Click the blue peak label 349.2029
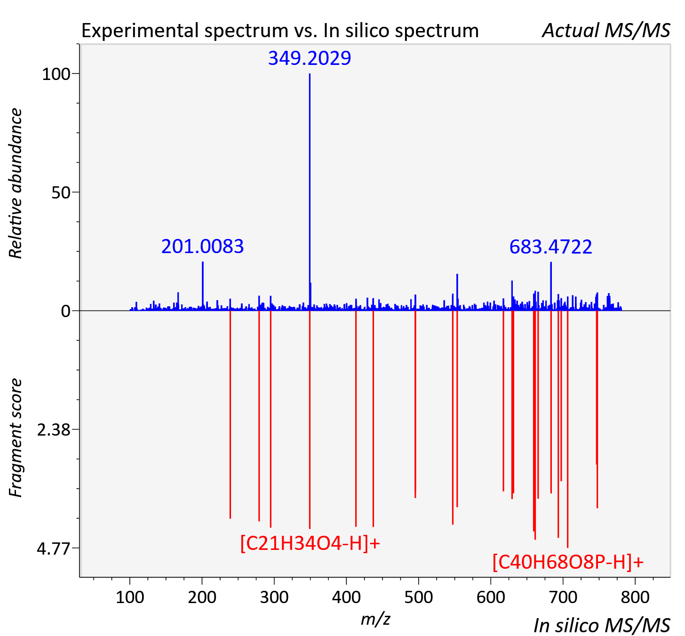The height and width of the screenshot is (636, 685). click(310, 58)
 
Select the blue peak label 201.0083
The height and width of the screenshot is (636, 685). click(202, 246)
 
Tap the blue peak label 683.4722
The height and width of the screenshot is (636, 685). click(551, 247)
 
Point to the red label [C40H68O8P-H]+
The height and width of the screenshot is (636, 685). click(568, 562)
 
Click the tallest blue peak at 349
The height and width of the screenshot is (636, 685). click(310, 192)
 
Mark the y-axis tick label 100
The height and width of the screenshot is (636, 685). click(56, 74)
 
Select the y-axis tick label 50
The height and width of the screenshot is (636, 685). click(61, 193)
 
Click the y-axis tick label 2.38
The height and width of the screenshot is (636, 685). click(54, 430)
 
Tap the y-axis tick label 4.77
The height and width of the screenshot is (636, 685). click(54, 549)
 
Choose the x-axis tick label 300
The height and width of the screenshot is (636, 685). click(274, 597)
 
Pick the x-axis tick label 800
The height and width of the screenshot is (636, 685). click(635, 597)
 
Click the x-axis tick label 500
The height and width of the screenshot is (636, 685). click(418, 597)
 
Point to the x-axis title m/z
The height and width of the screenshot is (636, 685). click(375, 619)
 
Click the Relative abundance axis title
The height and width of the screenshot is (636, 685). click(16, 183)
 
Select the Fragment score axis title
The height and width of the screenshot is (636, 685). click(16, 437)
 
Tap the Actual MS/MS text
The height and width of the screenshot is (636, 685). click(606, 31)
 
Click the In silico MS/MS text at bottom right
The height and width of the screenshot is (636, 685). click(602, 625)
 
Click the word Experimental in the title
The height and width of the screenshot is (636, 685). click(141, 31)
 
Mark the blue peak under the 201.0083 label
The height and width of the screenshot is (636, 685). click(203, 286)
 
